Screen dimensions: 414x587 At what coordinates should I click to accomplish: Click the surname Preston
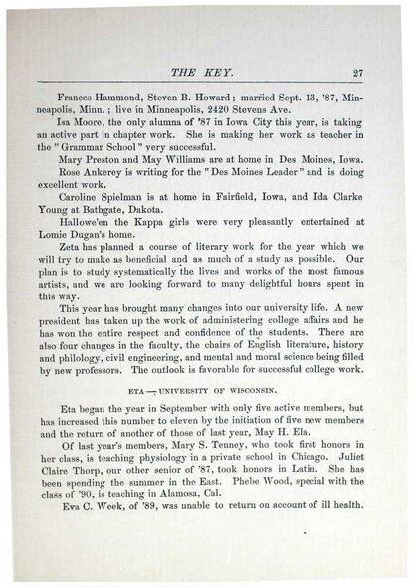(103, 171)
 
